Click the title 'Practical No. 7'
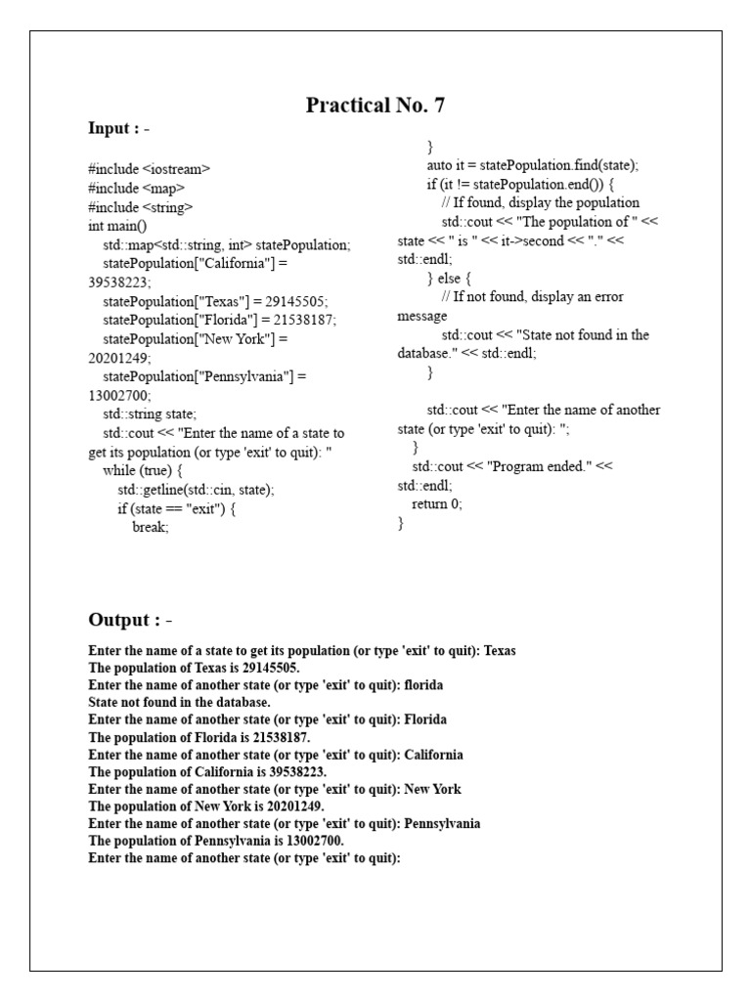click(x=375, y=106)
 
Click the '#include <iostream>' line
click(x=149, y=168)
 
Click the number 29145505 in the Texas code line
click(x=295, y=301)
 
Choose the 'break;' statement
click(x=151, y=526)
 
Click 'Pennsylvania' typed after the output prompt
click(x=442, y=824)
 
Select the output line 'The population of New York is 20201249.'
click(x=205, y=806)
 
